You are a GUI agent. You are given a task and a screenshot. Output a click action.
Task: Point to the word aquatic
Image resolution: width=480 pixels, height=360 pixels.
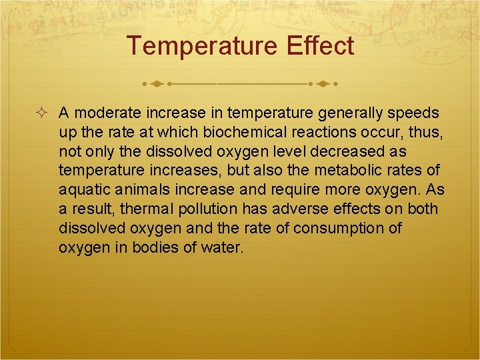click(x=81, y=190)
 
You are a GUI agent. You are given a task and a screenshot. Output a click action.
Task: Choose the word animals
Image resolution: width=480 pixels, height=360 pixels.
click(x=131, y=190)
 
